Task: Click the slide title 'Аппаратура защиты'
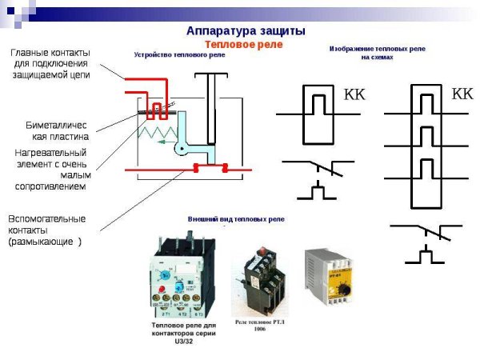coord(245,30)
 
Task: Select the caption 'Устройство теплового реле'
coord(178,55)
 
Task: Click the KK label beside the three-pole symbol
coord(462,94)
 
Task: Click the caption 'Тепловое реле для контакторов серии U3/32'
coord(185,332)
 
